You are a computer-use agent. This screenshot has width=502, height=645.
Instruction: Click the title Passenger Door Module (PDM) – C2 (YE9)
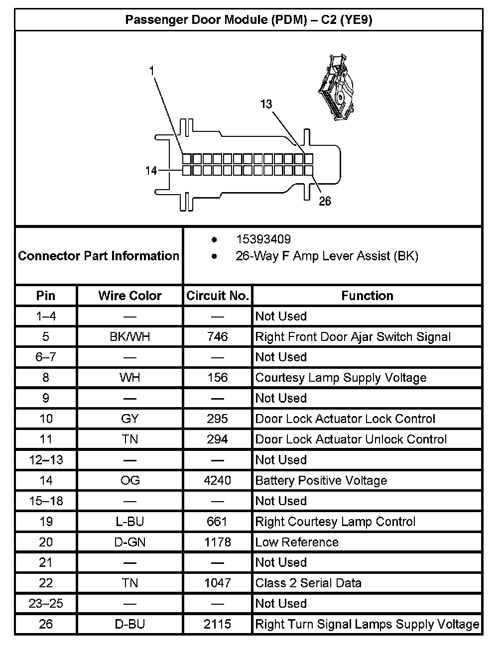coord(249,20)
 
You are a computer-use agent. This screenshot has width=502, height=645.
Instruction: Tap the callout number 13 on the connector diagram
coord(266,104)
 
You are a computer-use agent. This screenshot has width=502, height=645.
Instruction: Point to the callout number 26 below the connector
coord(325,202)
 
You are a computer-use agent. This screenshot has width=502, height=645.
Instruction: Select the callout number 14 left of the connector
coord(151,171)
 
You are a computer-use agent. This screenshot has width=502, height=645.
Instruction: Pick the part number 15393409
coord(263,239)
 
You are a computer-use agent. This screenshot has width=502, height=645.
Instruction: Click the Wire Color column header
coord(130,296)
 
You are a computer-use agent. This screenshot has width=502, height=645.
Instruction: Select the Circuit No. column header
coord(218,296)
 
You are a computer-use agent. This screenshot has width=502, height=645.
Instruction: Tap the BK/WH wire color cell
coord(130,337)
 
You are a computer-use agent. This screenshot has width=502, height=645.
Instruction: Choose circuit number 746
coord(218,337)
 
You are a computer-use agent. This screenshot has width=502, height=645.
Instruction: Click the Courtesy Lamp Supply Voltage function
coord(341,378)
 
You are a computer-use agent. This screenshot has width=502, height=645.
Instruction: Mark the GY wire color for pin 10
coord(130,419)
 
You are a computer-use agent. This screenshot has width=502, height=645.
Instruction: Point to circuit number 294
coord(218,439)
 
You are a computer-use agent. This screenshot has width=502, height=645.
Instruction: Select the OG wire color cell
coord(130,480)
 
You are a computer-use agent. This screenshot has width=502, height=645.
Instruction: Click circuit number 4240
coord(218,480)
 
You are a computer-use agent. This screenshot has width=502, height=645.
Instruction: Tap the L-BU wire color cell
coord(130,522)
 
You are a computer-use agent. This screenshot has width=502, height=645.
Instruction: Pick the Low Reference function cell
coord(297,542)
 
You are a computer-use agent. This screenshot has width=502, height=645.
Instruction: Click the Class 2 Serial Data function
coord(308,583)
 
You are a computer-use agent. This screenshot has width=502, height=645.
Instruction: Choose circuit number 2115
coord(218,624)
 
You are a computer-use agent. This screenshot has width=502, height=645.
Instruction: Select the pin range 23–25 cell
coord(46,604)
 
